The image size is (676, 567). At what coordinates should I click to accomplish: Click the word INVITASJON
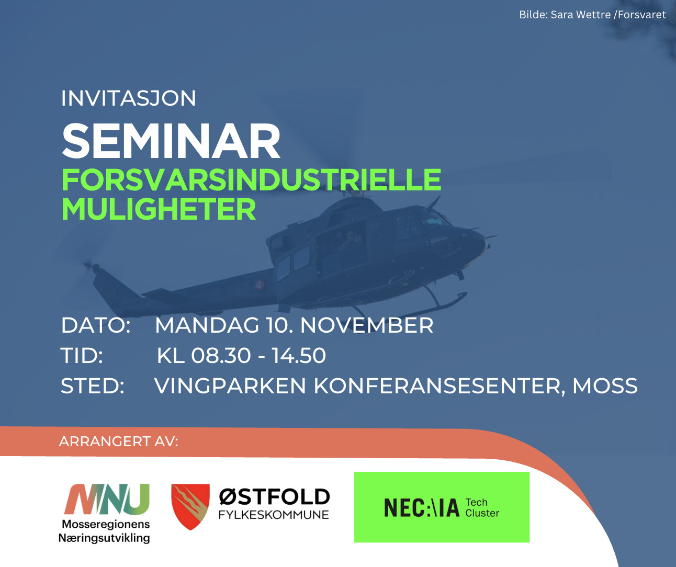(x=129, y=98)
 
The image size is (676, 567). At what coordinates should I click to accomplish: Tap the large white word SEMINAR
(x=171, y=141)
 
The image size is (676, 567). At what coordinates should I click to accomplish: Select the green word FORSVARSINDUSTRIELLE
(x=251, y=180)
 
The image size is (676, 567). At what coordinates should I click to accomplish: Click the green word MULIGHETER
(x=159, y=209)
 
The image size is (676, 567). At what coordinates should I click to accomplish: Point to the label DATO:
(x=96, y=325)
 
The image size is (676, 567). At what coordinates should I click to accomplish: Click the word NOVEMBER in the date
(x=366, y=325)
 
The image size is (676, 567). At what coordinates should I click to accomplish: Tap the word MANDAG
(x=207, y=325)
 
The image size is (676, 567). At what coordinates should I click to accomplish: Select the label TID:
(x=82, y=355)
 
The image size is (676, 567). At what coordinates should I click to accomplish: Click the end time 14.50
(x=299, y=355)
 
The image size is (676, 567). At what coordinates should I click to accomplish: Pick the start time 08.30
(x=221, y=355)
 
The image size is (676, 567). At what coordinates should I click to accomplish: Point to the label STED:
(x=93, y=386)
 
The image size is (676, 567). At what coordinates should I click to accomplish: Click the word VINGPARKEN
(x=230, y=386)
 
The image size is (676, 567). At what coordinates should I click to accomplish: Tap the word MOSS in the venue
(x=605, y=386)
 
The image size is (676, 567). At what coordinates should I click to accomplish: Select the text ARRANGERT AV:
(x=118, y=441)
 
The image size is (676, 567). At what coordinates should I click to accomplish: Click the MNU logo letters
(x=107, y=499)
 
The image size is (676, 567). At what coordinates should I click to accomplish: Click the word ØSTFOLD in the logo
(x=274, y=497)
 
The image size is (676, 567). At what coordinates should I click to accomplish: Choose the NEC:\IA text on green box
(x=422, y=507)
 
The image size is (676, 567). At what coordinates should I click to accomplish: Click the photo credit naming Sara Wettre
(x=592, y=15)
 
